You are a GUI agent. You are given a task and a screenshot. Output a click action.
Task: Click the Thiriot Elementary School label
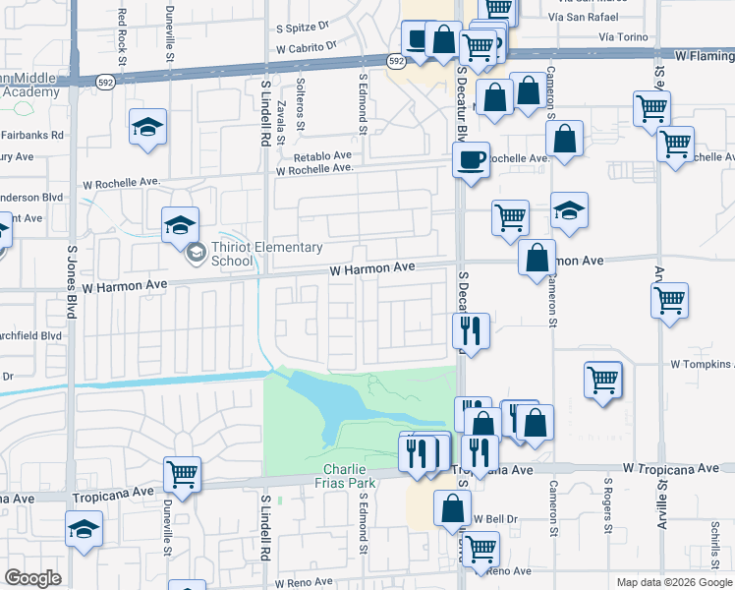232,255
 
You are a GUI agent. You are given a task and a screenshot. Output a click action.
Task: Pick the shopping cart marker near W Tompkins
603,380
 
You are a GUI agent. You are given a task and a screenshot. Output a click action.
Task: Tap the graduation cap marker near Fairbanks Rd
148,128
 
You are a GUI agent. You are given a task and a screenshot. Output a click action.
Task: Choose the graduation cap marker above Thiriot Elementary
181,224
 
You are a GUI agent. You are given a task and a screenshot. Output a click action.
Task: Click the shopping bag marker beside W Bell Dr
453,509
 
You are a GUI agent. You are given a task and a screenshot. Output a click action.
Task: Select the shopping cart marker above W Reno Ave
480,549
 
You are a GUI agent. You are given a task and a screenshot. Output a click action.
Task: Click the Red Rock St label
122,29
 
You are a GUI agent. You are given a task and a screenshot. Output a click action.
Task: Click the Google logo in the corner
32,578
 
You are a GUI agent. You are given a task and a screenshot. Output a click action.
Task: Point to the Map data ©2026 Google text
673,582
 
